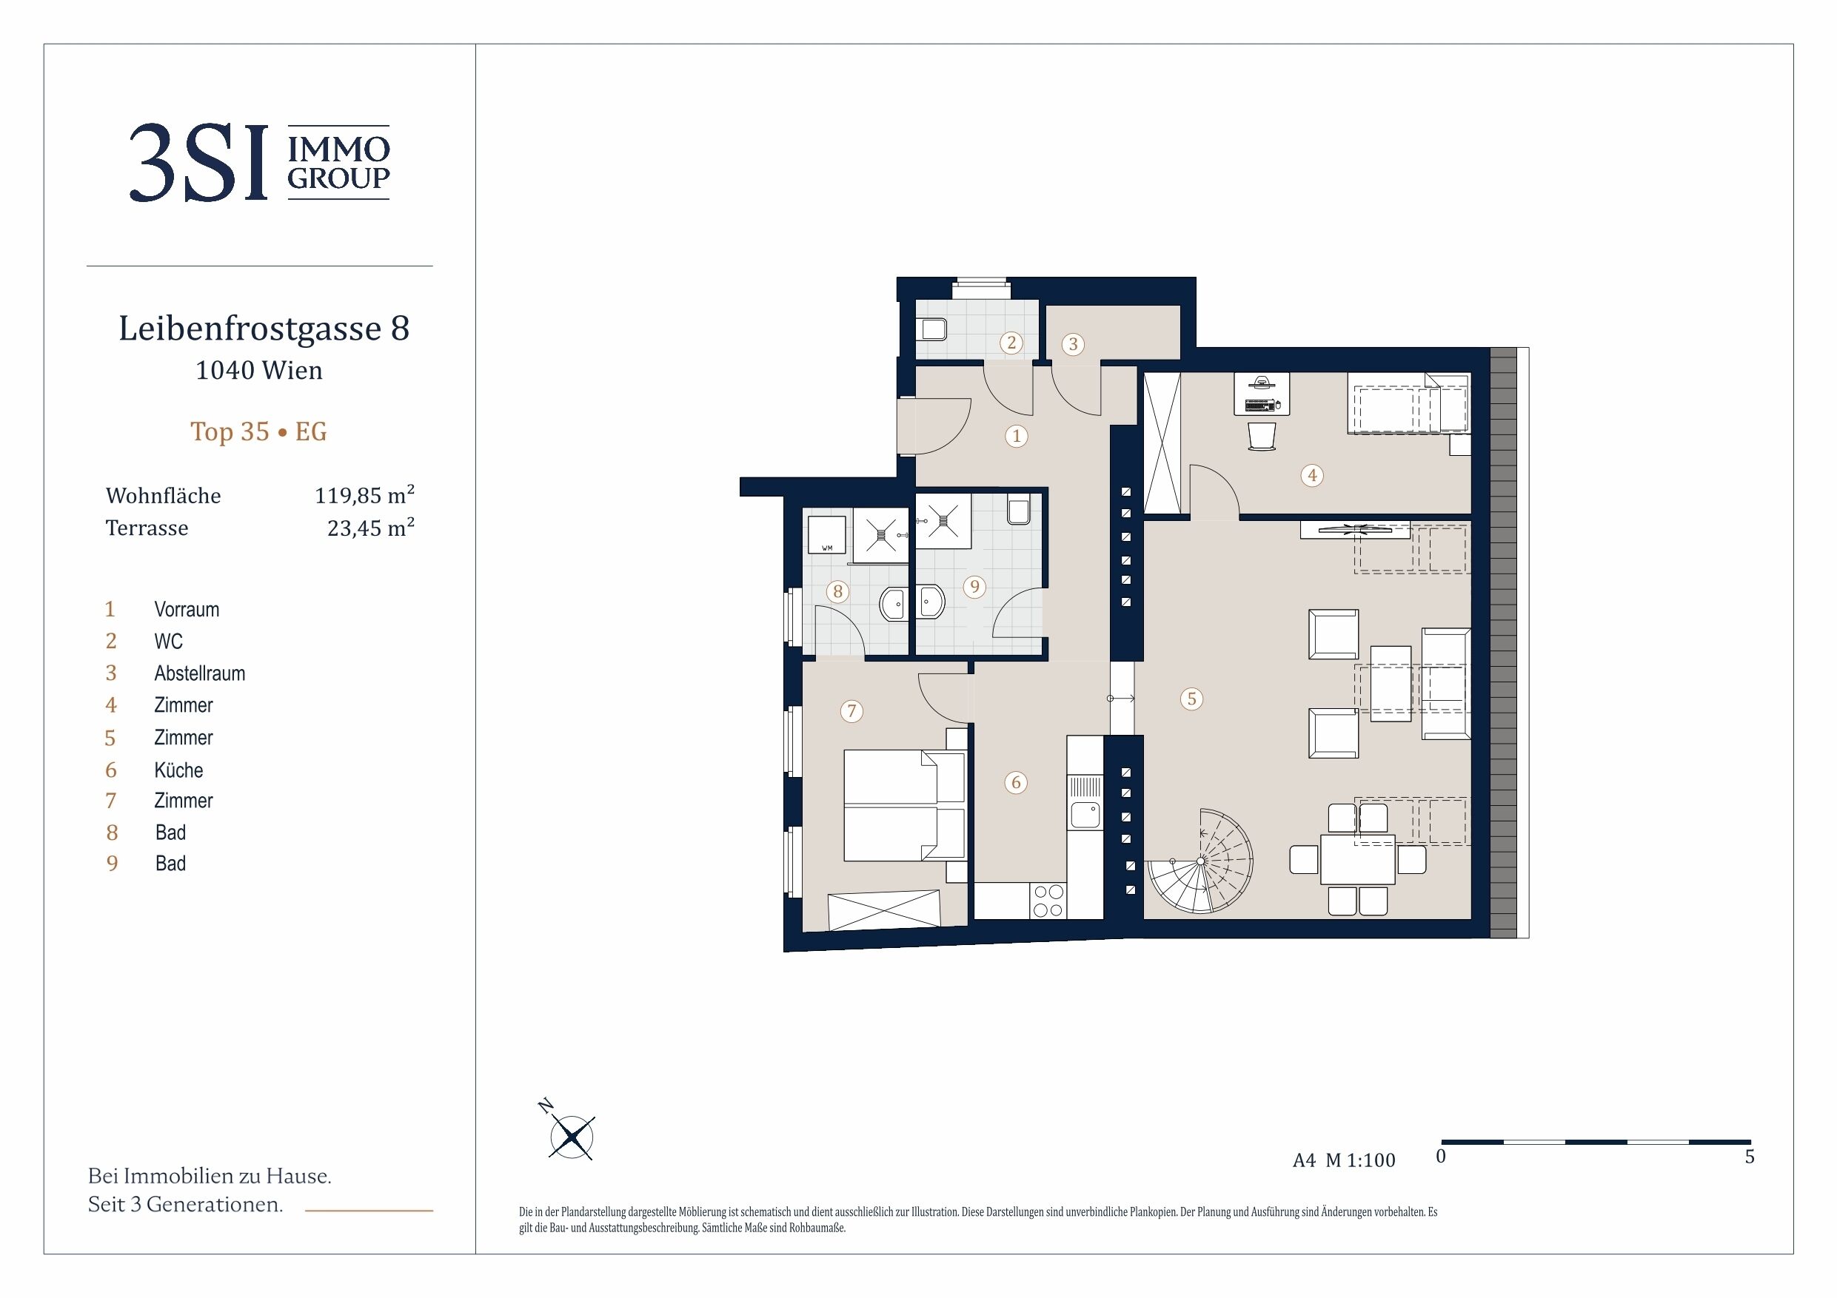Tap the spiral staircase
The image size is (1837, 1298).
point(1201,861)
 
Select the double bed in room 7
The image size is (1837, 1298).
point(904,805)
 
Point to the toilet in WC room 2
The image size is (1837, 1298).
point(934,329)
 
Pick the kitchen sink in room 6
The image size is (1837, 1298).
point(1085,815)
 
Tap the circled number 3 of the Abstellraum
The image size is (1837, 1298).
point(1073,344)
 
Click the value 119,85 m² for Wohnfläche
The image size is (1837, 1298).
point(364,495)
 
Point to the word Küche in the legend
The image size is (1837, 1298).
point(178,770)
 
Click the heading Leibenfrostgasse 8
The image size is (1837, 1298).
point(264,329)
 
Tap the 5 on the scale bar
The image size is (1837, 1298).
point(1749,1157)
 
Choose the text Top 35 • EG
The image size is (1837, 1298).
point(258,431)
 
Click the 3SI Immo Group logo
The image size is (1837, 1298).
point(259,162)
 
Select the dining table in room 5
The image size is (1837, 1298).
point(1357,860)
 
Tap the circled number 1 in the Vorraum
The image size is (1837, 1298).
point(1016,436)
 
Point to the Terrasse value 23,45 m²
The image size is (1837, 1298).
point(370,528)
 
